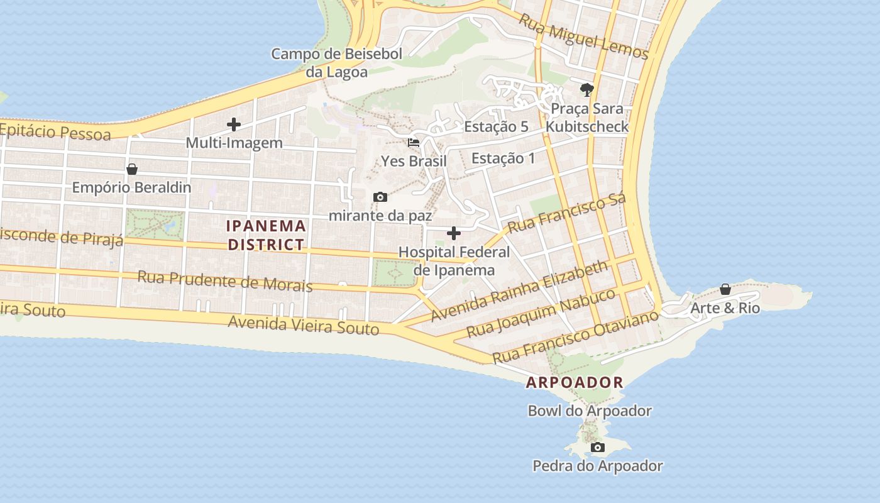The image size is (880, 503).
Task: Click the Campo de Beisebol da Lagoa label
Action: coord(336,63)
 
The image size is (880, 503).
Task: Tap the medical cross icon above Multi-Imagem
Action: coord(234,124)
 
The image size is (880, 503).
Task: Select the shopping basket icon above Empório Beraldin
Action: coord(132,169)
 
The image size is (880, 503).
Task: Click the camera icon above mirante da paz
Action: coord(380,197)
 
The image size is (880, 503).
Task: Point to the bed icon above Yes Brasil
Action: coord(414,143)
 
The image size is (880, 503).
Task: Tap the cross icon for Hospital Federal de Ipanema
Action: coord(453,234)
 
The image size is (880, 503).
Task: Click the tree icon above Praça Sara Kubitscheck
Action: coord(587,89)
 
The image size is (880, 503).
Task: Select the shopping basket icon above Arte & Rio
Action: coord(725,289)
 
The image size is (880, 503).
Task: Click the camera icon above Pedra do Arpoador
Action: coord(598,448)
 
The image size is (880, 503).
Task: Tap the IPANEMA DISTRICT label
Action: coord(267,235)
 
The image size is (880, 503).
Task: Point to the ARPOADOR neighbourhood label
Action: coord(575,382)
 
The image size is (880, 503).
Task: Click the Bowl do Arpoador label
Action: coord(590,411)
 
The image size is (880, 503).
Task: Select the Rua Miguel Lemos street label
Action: coord(583,36)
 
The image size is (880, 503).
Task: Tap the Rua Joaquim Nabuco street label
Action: coord(541,312)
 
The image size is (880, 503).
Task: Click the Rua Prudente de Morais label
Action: coord(224,280)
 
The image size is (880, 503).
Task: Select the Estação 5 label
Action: coord(496,126)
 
